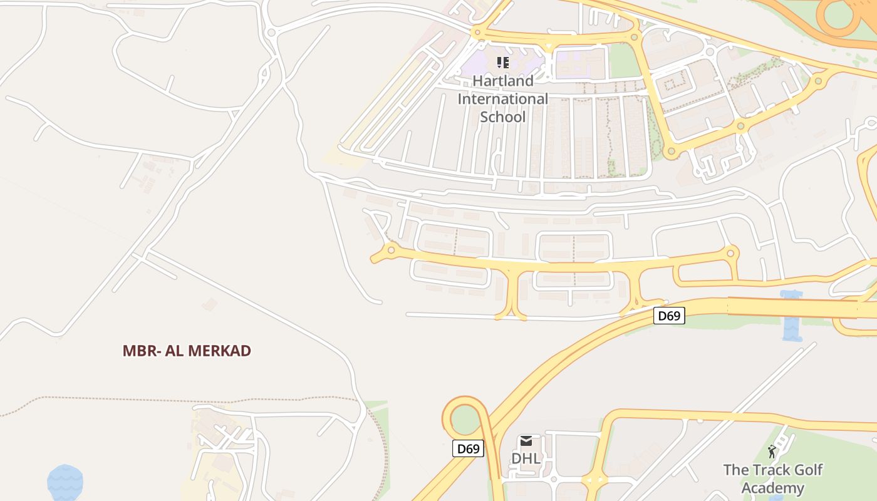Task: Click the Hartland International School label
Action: tap(502, 99)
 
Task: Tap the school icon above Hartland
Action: tap(502, 62)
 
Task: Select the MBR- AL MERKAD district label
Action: tap(187, 351)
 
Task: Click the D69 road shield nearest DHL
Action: tap(468, 448)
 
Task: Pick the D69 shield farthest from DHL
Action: tap(669, 316)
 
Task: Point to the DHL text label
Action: tap(526, 458)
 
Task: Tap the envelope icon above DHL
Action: tap(526, 442)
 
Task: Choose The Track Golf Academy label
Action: tap(772, 479)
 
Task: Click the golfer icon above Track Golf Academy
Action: tap(772, 452)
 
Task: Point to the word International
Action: tap(502, 99)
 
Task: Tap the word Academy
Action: tap(772, 488)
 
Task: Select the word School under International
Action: tap(502, 117)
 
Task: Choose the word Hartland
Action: tap(503, 81)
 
